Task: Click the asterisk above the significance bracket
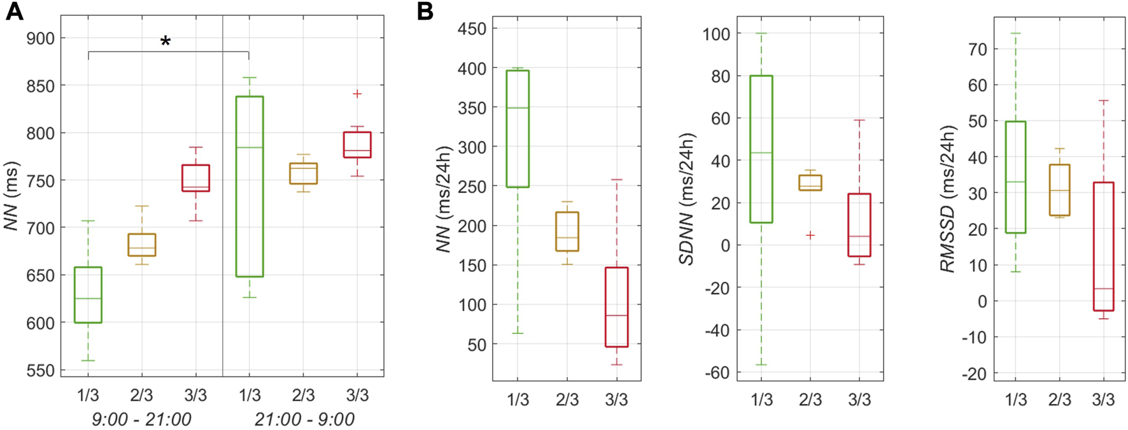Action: coord(166,42)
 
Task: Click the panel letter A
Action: coord(14,12)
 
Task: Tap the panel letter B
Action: coord(425,12)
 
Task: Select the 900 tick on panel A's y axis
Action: coord(40,38)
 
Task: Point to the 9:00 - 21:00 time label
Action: coord(141,419)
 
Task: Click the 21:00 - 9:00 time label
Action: coord(304,419)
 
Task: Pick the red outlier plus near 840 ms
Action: coord(357,94)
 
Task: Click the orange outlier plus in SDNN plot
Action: coord(810,235)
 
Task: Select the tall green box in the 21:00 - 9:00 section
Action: coord(250,186)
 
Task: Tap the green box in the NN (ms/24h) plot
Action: coord(518,129)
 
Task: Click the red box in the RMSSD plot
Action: coord(1103,246)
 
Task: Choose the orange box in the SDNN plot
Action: coord(810,182)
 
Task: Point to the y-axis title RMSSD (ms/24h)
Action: coord(948,199)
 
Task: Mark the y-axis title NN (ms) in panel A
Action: coord(11,196)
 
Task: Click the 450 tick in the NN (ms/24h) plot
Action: coord(472,29)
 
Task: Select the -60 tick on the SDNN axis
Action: coord(717,372)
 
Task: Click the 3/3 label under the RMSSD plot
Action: coord(1103,399)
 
